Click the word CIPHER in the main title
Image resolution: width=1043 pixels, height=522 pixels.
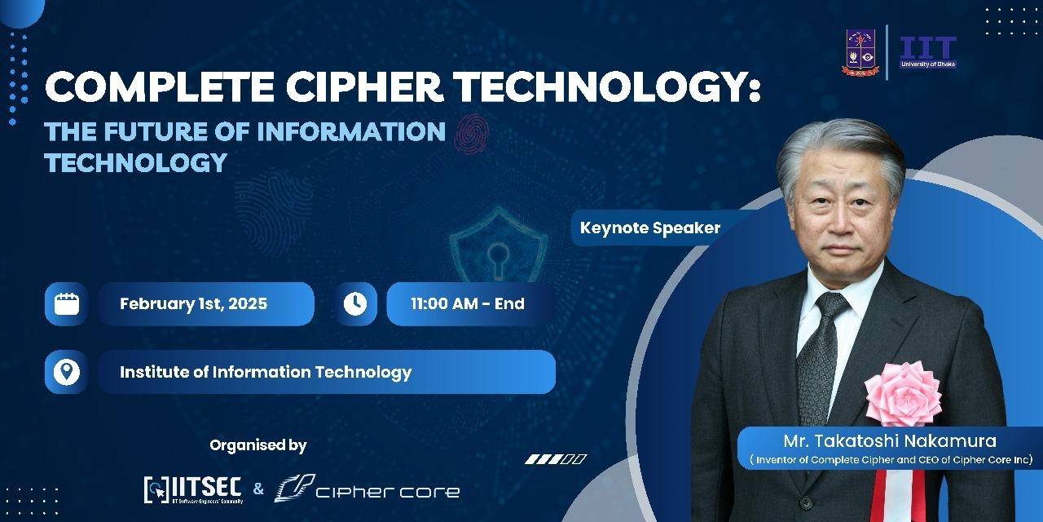(364, 87)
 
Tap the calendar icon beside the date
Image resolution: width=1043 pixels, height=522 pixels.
(67, 304)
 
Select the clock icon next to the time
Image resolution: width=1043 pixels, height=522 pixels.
(355, 304)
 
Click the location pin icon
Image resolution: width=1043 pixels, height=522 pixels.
(67, 372)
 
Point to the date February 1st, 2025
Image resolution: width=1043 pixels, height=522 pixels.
(194, 304)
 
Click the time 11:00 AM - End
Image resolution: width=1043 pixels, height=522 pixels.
(468, 304)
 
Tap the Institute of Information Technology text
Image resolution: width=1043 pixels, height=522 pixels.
(266, 372)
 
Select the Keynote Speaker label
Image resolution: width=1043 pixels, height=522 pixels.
(650, 228)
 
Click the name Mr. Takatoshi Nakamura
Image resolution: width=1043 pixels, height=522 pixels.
(890, 441)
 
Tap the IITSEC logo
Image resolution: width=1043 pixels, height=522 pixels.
(193, 489)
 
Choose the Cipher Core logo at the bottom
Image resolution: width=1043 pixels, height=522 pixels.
(367, 489)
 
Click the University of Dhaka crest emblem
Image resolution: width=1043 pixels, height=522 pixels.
(860, 52)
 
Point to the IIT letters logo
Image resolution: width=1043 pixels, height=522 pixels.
(928, 51)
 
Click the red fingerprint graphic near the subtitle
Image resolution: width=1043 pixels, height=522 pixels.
(471, 134)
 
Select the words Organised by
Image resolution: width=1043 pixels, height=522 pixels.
(258, 445)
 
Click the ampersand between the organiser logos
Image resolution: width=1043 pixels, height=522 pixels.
(258, 489)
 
